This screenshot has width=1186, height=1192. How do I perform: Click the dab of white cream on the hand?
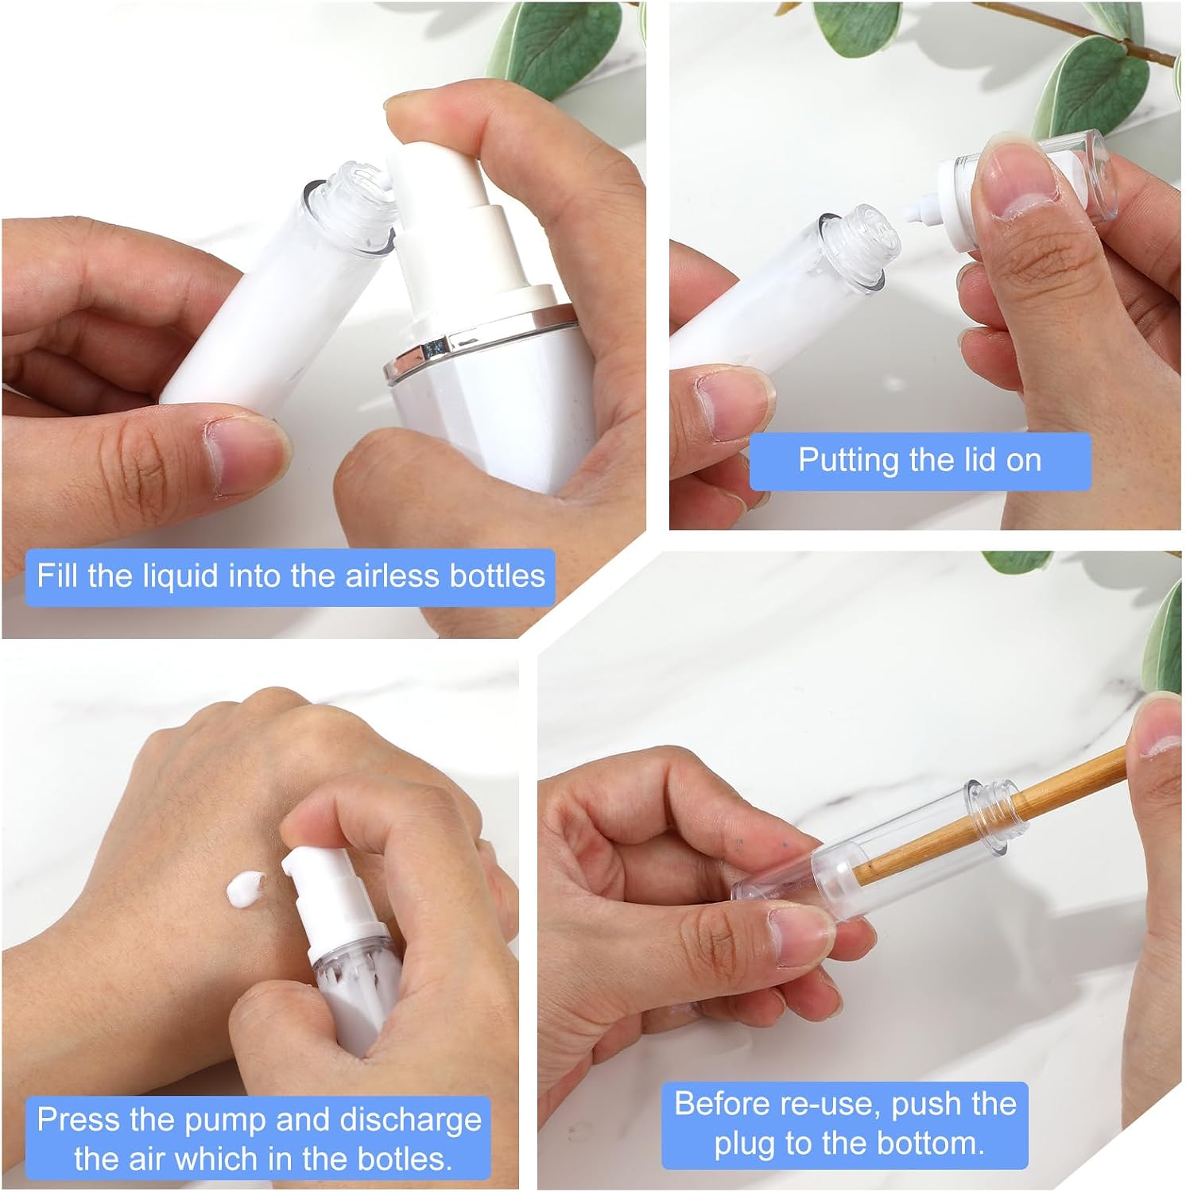[247, 888]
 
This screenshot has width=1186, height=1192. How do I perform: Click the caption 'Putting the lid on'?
[920, 460]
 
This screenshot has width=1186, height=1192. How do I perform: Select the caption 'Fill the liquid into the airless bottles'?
[291, 575]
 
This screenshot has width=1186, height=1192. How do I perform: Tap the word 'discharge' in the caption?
[411, 1120]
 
